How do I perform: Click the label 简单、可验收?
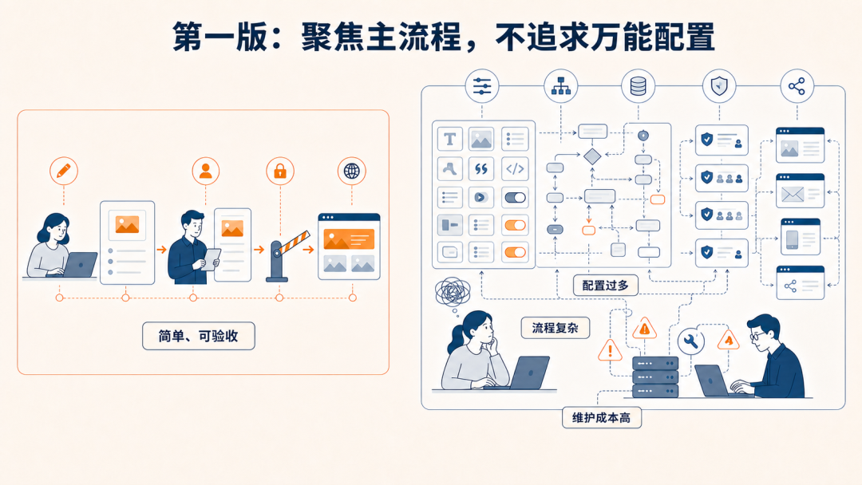point(199,336)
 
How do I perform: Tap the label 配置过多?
point(605,286)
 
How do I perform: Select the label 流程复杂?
point(556,328)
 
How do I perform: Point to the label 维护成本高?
point(602,418)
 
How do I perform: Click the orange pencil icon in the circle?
point(64,171)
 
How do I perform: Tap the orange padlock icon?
point(280,171)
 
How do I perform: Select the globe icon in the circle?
point(352,171)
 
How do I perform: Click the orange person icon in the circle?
point(206,171)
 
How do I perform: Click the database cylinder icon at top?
point(639,86)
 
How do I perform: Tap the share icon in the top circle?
point(797,86)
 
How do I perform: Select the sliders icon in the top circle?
point(482,86)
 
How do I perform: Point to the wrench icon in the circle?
point(691,341)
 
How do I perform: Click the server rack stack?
point(655,377)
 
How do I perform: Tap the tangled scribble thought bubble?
point(453,293)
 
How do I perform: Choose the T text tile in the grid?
point(450,140)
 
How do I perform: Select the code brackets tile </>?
point(515,168)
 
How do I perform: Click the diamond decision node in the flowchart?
point(592,156)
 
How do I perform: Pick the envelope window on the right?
point(800,191)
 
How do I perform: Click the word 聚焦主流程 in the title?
point(381,37)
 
